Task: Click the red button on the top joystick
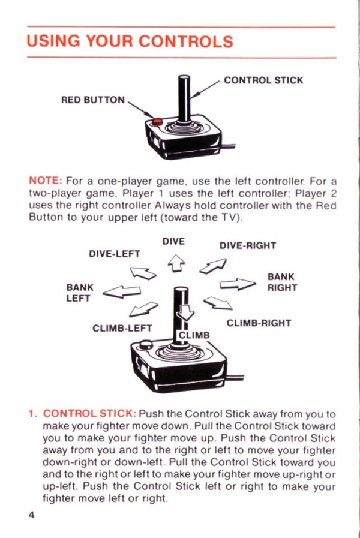tap(157, 122)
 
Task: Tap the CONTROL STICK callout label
tap(263, 80)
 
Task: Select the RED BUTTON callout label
tap(93, 100)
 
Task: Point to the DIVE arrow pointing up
tap(176, 263)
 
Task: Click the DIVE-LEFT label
tap(115, 254)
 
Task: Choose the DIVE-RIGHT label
tap(248, 246)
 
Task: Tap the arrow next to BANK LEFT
tap(122, 292)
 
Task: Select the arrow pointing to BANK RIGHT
tap(238, 284)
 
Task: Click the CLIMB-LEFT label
tap(122, 328)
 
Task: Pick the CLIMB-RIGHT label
tap(259, 323)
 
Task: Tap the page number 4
tap(31, 515)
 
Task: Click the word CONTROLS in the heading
tap(185, 41)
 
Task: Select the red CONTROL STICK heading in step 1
tap(89, 413)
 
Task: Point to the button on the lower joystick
tap(146, 344)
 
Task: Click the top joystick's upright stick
tap(184, 98)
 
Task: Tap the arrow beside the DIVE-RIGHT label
tap(213, 266)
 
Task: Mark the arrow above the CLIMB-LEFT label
tap(143, 309)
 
